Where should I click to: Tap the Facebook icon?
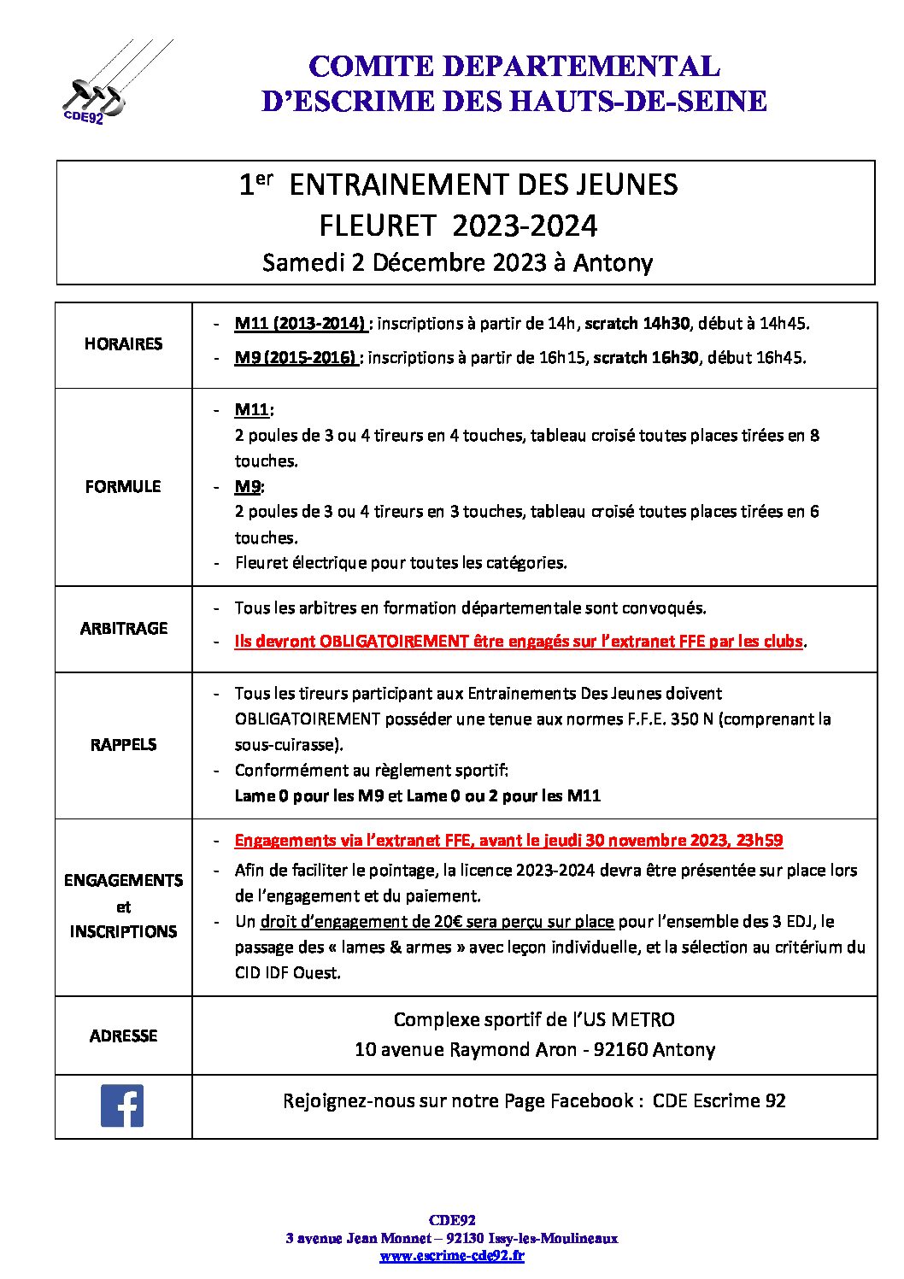(x=122, y=1106)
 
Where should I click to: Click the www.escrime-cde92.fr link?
(x=451, y=1256)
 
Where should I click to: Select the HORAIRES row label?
(x=123, y=343)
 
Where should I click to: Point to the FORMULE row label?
(x=123, y=486)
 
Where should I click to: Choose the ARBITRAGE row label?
(x=123, y=628)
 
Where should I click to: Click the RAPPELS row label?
(x=123, y=744)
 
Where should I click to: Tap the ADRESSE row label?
(x=123, y=1036)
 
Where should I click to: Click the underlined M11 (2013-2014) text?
(x=301, y=324)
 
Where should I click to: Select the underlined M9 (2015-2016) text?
(x=296, y=358)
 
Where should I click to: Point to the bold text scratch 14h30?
(x=638, y=324)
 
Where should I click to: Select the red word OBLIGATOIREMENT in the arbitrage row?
(x=394, y=642)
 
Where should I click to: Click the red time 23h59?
(x=760, y=841)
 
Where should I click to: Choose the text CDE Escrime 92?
(x=719, y=1100)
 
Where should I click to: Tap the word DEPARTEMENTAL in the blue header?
(x=581, y=66)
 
